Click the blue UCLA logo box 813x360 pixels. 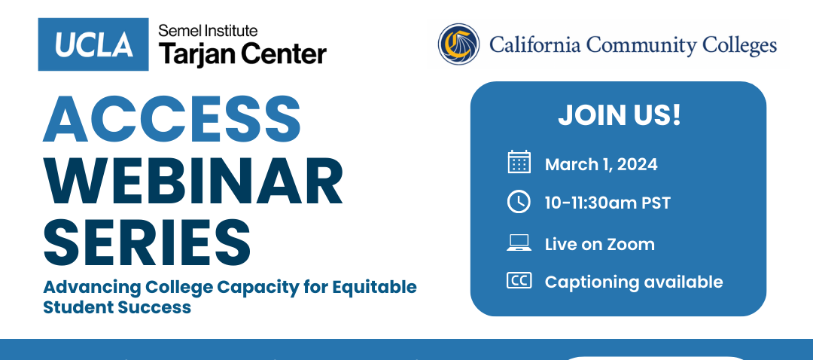pyautogui.click(x=93, y=44)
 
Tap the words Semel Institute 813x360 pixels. pyautogui.click(x=208, y=31)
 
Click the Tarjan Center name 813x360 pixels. pyautogui.click(x=242, y=54)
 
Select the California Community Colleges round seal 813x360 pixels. pyautogui.click(x=459, y=44)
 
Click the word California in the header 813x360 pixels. pyautogui.click(x=534, y=45)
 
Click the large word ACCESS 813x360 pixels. pyautogui.click(x=172, y=121)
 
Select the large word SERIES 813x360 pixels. pyautogui.click(x=147, y=240)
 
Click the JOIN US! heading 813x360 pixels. pyautogui.click(x=619, y=115)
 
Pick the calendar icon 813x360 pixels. pyautogui.click(x=519, y=163)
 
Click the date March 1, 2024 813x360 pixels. pyautogui.click(x=601, y=164)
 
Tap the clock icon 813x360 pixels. pyautogui.click(x=519, y=202)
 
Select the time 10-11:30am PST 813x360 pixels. pyautogui.click(x=607, y=203)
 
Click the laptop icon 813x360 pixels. pyautogui.click(x=519, y=243)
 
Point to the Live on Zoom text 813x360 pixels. pyautogui.click(x=599, y=244)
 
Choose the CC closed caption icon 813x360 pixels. pyautogui.click(x=519, y=281)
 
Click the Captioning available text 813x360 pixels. pyautogui.click(x=633, y=282)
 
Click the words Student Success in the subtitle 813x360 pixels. pyautogui.click(x=117, y=307)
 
